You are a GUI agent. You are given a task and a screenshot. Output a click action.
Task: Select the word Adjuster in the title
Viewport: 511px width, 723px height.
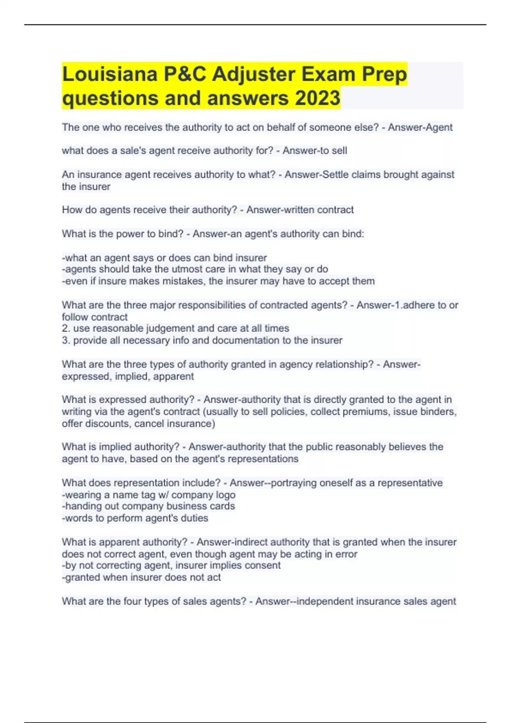click(x=253, y=74)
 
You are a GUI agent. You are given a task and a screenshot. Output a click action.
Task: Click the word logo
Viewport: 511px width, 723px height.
click(x=225, y=495)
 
